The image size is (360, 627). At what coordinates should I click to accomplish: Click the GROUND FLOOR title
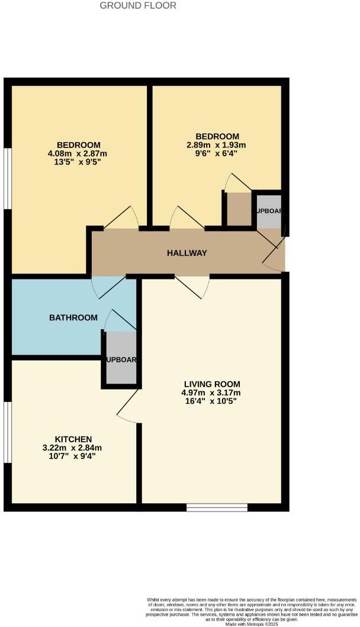(137, 5)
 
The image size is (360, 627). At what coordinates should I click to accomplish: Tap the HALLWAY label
(187, 253)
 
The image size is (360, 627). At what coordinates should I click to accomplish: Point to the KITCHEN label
(73, 439)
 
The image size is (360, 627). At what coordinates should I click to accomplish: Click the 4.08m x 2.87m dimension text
(78, 153)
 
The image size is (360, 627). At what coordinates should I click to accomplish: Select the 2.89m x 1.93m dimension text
(216, 144)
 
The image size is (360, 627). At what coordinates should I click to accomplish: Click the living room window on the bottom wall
(216, 507)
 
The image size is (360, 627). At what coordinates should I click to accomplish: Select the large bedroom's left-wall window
(7, 178)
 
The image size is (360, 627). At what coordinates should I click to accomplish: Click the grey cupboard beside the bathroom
(121, 359)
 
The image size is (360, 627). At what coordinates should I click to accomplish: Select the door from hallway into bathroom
(108, 287)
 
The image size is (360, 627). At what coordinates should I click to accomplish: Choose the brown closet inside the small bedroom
(239, 208)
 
